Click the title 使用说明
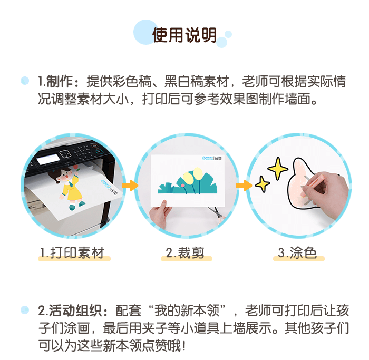[x=184, y=35]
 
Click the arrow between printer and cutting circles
[x=130, y=185]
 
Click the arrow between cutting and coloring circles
[x=243, y=186]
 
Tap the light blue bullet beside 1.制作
[x=25, y=82]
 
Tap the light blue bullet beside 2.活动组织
[x=25, y=310]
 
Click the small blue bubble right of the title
[x=228, y=34]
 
